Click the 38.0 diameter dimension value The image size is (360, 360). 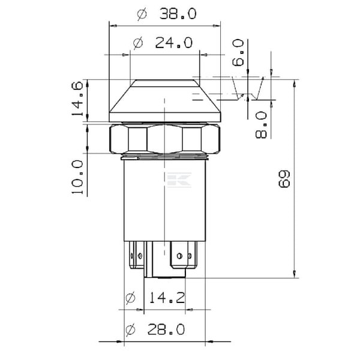point(178,14)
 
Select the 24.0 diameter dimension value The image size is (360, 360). point(174,43)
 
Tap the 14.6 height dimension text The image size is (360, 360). point(77,98)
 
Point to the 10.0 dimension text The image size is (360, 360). point(77,177)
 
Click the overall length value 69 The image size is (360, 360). point(284,179)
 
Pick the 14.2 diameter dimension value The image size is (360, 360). point(167,298)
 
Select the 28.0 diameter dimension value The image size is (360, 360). point(166,329)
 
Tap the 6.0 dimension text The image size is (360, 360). point(238,53)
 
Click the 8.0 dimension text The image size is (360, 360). point(261,125)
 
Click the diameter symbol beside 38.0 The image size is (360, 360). point(142,14)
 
